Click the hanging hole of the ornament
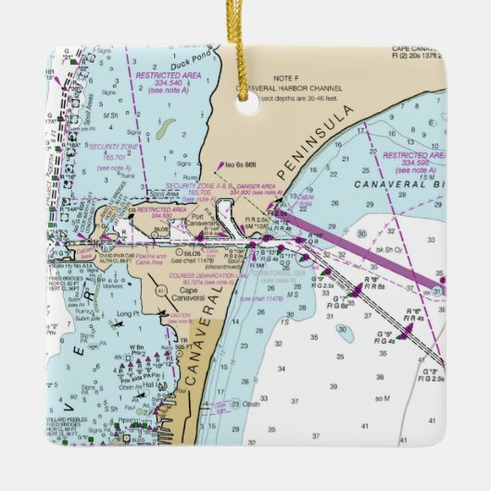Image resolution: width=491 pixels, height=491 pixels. click(247, 104)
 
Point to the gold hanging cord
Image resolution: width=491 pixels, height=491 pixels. click(242, 46)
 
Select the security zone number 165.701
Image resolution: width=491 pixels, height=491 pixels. click(113, 158)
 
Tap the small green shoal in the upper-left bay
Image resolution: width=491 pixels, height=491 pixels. click(163, 129)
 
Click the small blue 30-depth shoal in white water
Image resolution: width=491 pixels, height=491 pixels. click(344, 332)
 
